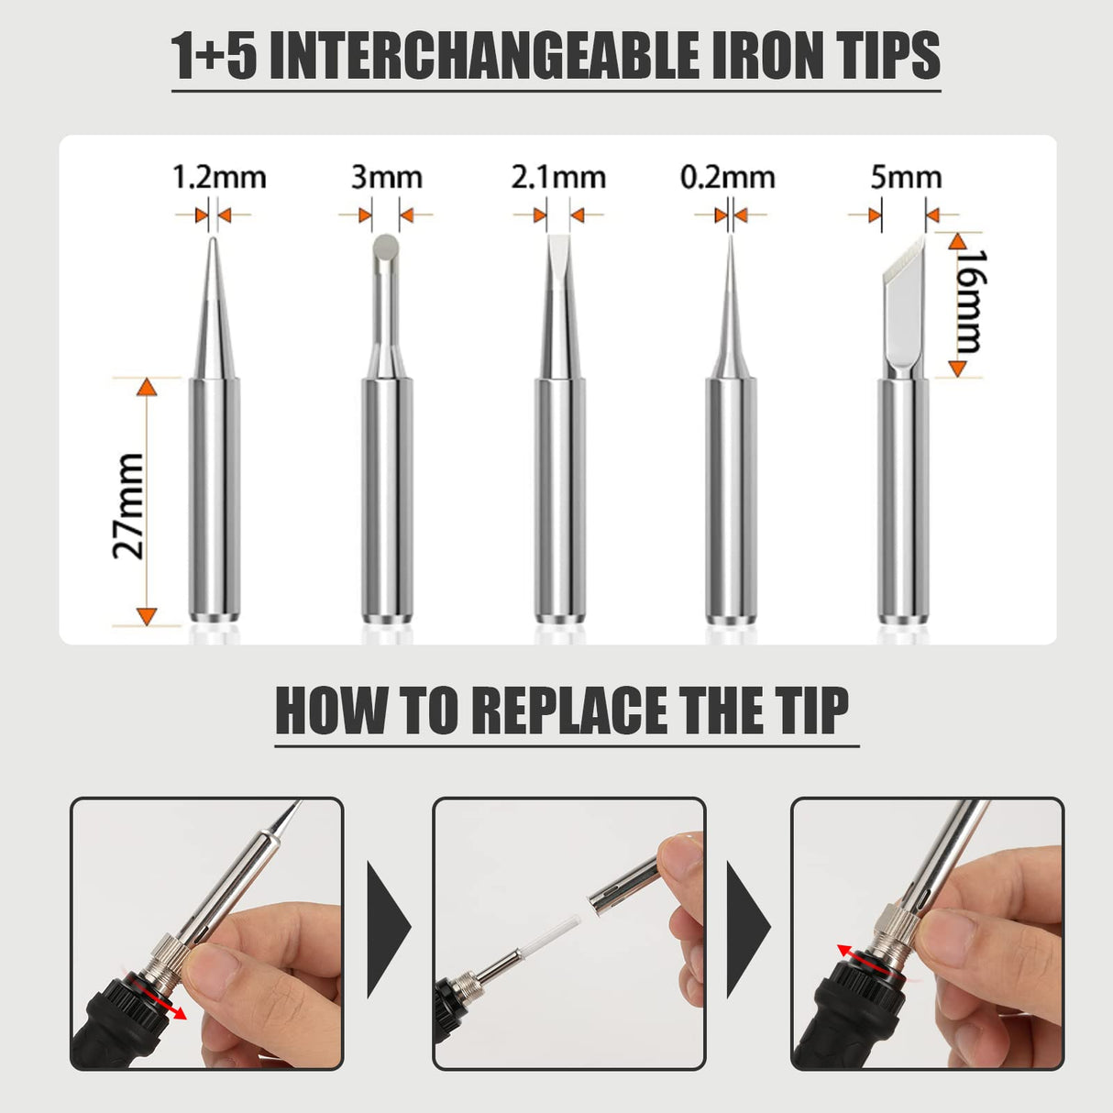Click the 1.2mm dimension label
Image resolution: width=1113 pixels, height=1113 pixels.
[219, 176]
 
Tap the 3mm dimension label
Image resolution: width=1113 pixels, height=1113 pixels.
[386, 176]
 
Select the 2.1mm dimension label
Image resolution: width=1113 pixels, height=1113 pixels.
[558, 176]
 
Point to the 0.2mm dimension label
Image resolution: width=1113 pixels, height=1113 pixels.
[727, 176]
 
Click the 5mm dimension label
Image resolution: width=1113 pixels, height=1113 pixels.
[906, 176]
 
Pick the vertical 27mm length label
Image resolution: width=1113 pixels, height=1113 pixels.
[129, 505]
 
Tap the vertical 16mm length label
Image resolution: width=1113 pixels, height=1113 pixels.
[969, 302]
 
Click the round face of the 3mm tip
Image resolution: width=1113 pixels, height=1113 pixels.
[386, 245]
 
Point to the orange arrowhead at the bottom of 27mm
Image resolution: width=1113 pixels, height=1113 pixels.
[147, 615]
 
